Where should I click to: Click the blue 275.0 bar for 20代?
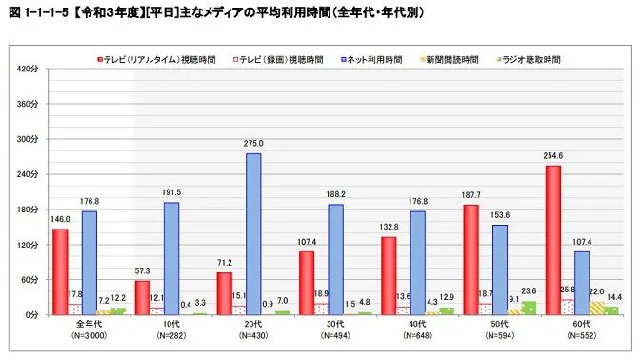point(252,233)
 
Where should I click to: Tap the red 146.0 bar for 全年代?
point(60,271)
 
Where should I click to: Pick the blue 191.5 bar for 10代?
point(170,258)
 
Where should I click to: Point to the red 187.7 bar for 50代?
point(470,259)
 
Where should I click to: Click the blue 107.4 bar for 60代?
point(582,283)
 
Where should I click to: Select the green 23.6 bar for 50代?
point(529,308)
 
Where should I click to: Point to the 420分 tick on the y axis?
point(27,70)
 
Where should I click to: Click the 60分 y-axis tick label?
point(29,279)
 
